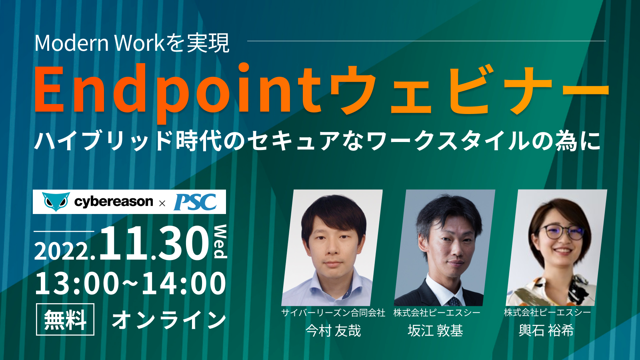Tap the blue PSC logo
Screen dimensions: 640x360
195,202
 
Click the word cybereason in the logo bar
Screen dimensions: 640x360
114,202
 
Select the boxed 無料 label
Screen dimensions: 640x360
65,319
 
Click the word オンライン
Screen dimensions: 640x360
169,320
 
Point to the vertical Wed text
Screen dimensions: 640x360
220,242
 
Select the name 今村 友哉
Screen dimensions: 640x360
333,330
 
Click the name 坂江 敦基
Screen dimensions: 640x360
436,330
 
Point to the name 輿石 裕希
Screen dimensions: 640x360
546,330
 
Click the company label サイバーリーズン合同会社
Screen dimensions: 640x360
333,313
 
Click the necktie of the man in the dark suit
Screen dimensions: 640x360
454,302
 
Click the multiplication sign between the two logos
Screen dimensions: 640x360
162,204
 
